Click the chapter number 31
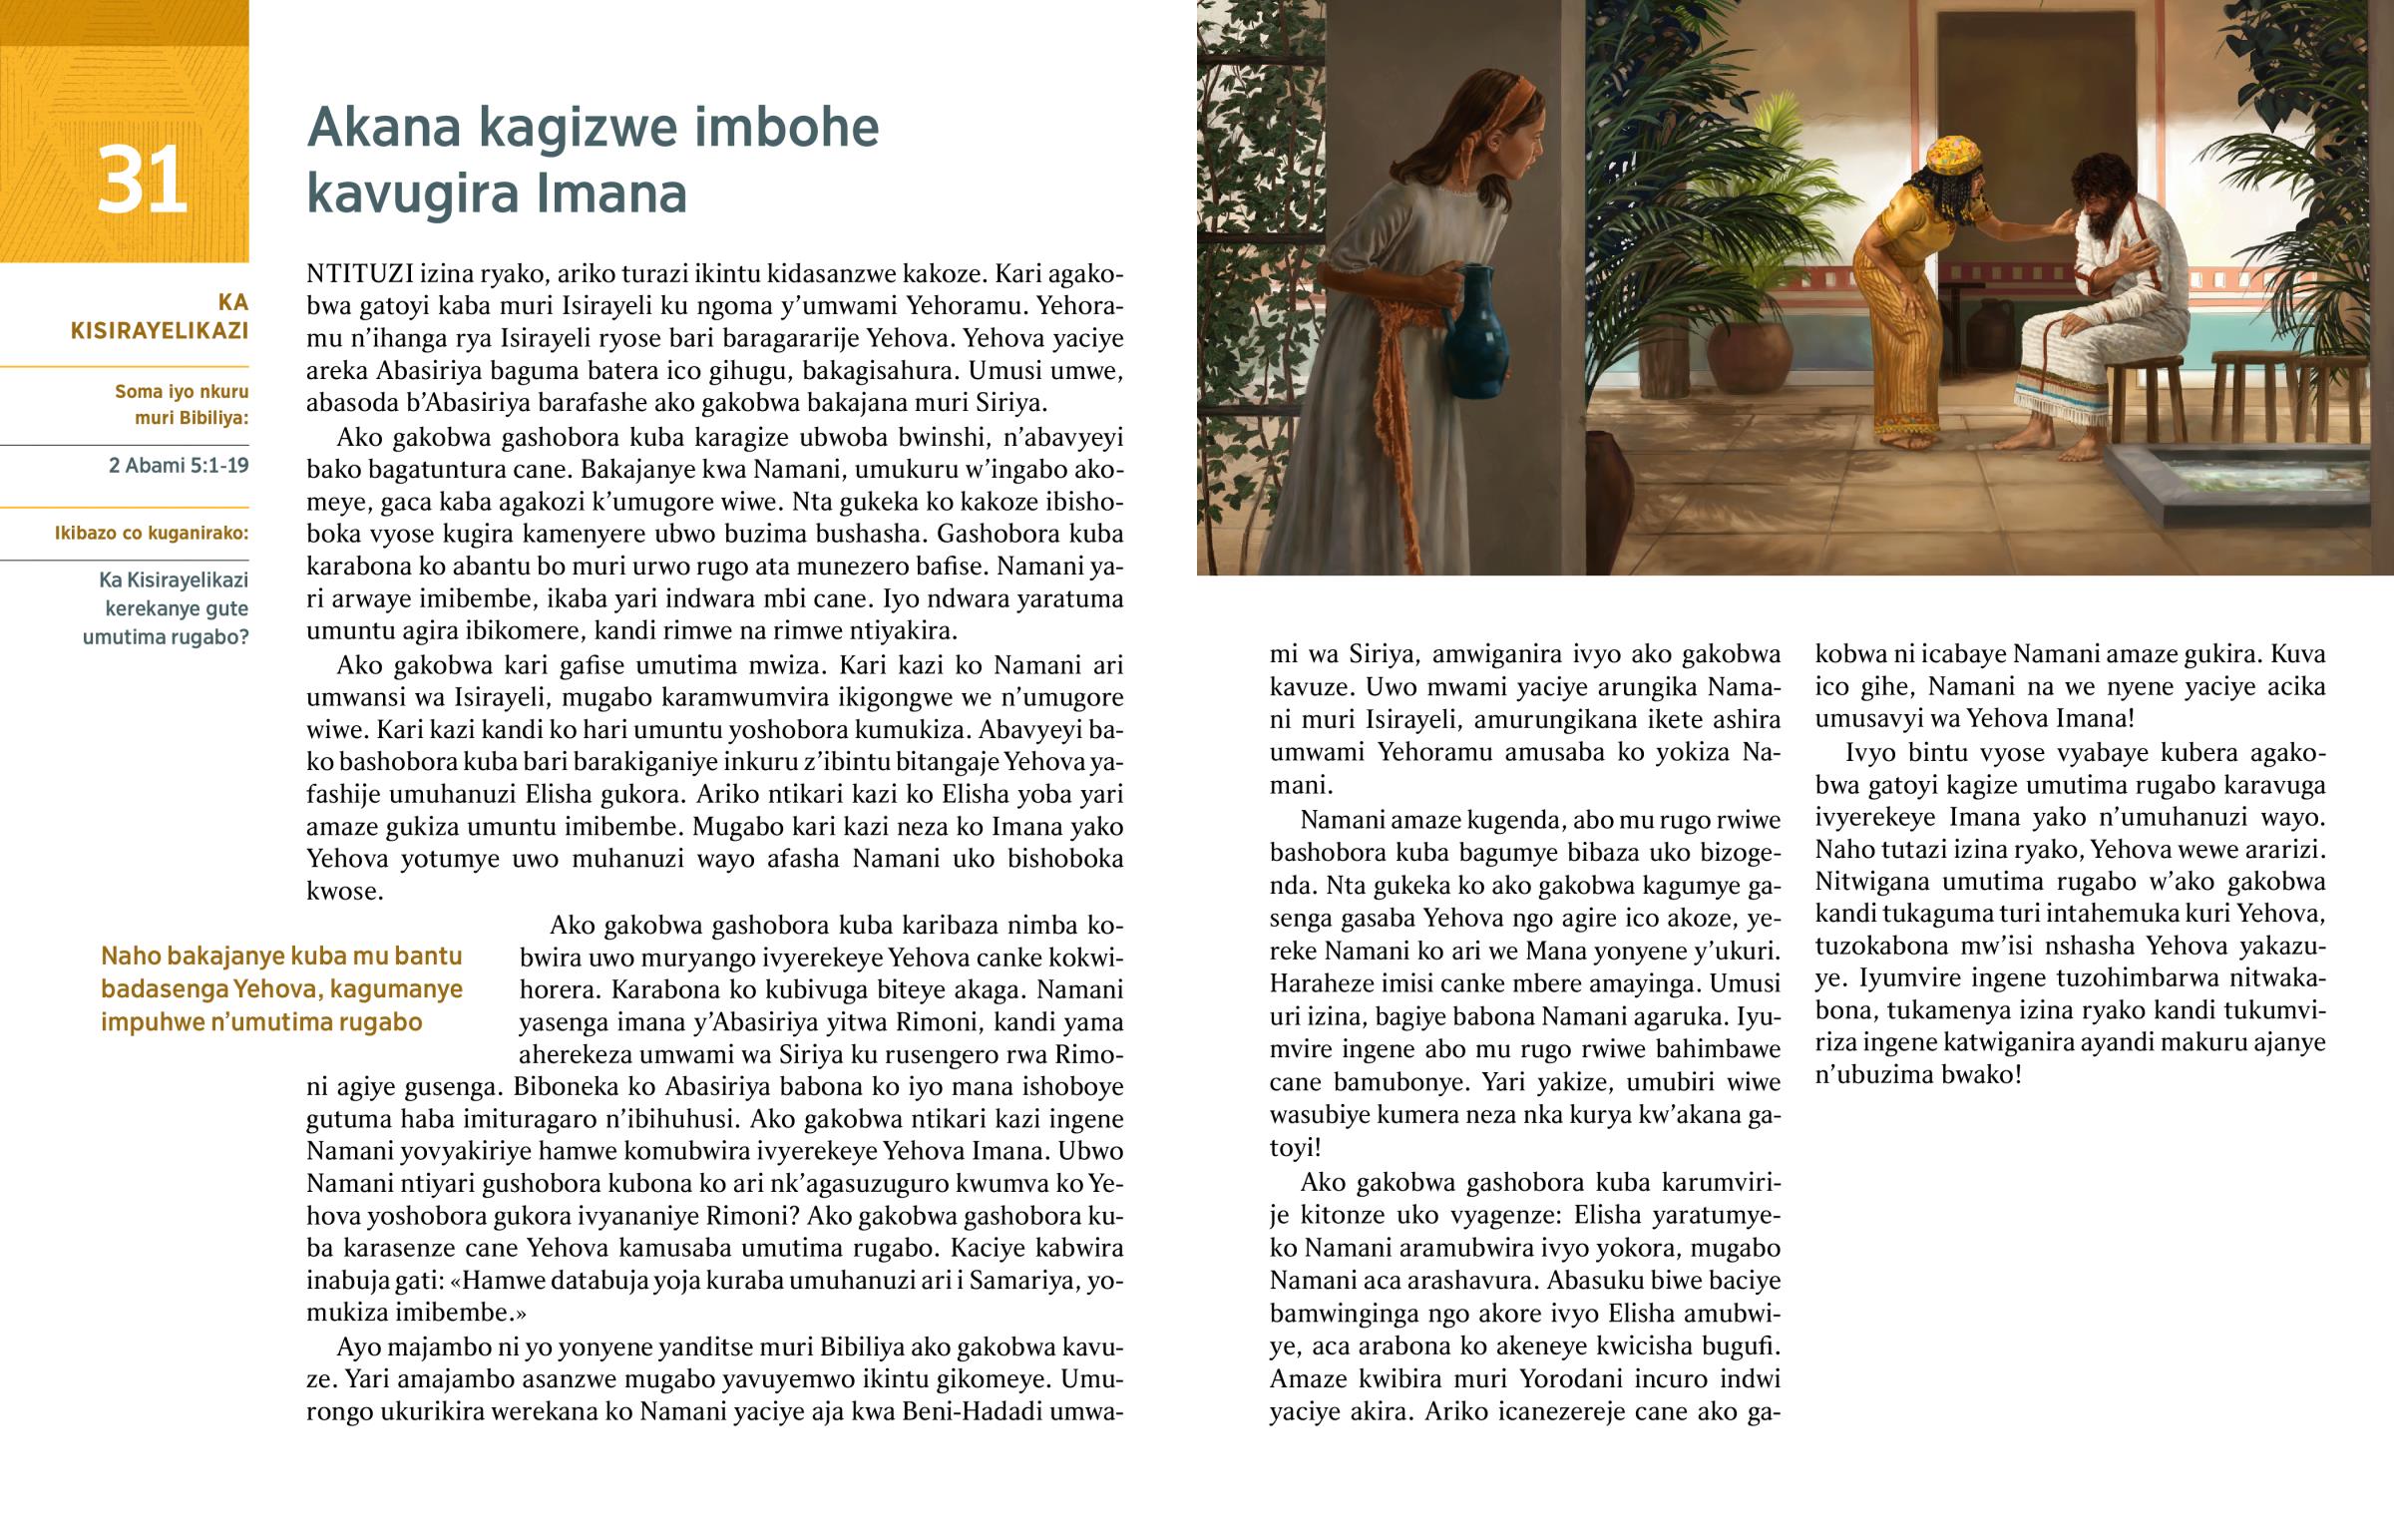coord(142,180)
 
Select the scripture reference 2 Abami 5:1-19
coord(179,466)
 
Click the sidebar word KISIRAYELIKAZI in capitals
coord(159,331)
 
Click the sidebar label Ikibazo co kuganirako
coord(151,533)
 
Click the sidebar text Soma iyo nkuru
coord(181,392)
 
